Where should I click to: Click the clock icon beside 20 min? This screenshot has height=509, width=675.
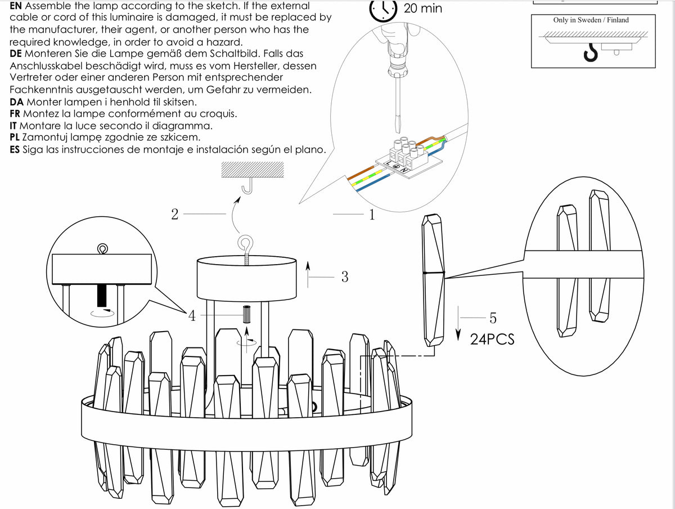coord(383,11)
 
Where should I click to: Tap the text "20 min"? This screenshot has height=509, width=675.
coord(423,8)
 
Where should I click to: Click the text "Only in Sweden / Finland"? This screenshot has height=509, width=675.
coord(591,20)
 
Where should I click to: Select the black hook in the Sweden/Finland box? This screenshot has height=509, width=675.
coord(591,52)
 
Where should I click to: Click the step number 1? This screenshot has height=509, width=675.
coord(372,215)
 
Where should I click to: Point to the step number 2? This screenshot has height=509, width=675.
coord(175,214)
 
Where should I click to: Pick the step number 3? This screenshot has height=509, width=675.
coord(345,276)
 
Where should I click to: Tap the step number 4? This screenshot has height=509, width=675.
coord(192,316)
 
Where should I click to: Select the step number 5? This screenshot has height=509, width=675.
coord(493,318)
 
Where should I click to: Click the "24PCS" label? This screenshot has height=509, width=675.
coord(492,340)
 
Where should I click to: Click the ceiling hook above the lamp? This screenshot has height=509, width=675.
coord(247,186)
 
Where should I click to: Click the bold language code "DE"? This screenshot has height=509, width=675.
coord(16,53)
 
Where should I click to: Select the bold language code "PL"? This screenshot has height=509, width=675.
coord(15,137)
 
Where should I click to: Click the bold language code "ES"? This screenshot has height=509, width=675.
coord(15,150)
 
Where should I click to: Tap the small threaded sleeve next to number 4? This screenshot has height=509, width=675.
coord(246,314)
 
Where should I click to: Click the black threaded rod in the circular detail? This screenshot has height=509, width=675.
coord(102,296)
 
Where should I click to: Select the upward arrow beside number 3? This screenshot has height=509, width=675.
coord(308,275)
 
